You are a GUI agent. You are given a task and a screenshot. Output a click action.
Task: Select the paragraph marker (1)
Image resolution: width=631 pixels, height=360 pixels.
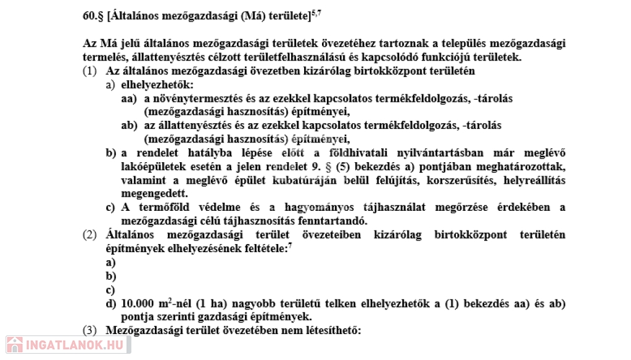pyautogui.click(x=89, y=71)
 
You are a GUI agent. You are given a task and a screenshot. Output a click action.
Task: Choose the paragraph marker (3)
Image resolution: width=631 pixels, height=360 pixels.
pyautogui.click(x=89, y=330)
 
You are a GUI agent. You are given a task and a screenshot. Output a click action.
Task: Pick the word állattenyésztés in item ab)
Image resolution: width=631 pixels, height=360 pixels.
pyautogui.click(x=201, y=125)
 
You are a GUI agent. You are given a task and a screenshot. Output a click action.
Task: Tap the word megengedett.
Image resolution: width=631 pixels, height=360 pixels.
pyautogui.click(x=147, y=194)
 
